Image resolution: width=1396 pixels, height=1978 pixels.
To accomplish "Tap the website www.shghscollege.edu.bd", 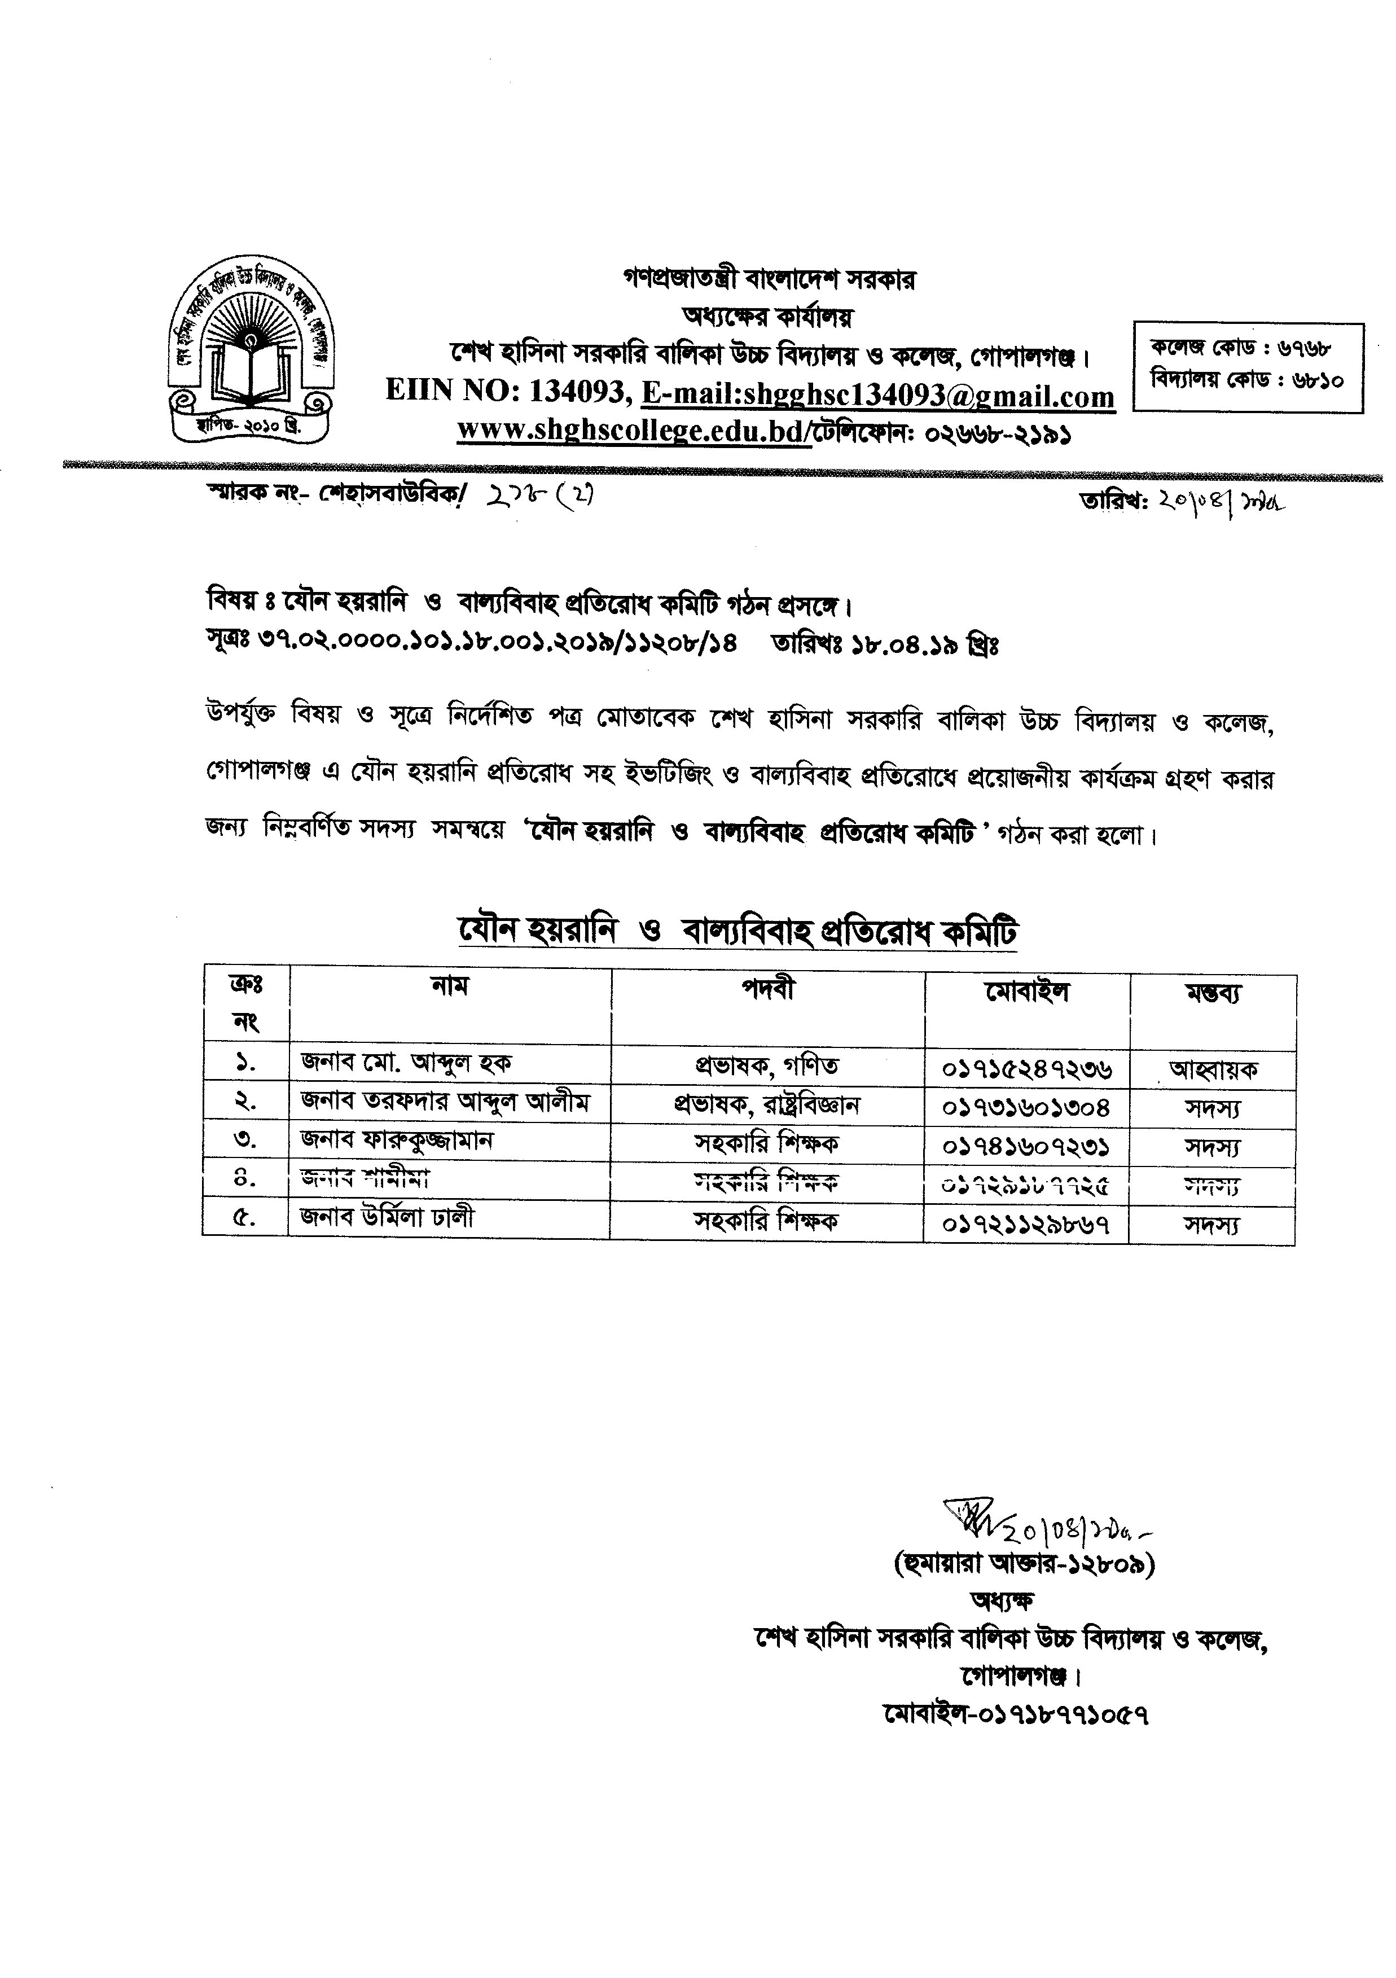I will coord(633,431).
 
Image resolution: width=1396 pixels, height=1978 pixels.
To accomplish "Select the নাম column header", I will coord(450,985).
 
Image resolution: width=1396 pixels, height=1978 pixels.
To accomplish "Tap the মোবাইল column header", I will coord(1026,992).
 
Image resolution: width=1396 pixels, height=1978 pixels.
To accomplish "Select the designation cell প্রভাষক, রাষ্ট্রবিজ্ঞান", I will coord(766,1104).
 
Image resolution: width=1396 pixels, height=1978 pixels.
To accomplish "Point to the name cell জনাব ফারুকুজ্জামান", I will coord(397,1142).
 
